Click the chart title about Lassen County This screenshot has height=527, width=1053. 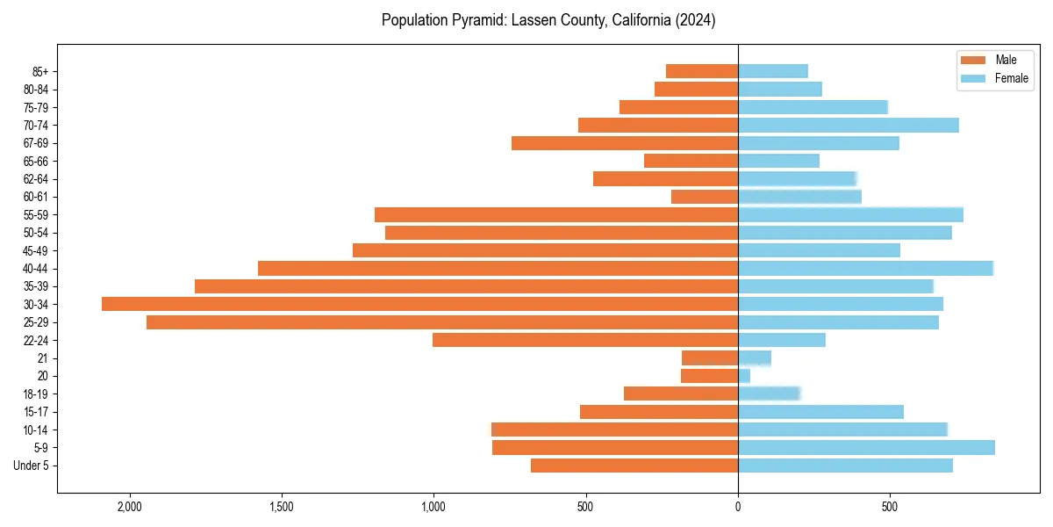pos(548,20)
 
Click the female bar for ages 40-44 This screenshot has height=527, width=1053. pos(865,268)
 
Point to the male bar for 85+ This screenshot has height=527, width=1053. pos(702,71)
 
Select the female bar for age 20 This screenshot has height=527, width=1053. pos(744,376)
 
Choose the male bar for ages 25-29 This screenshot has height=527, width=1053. pos(442,322)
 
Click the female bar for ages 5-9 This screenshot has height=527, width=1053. pos(866,447)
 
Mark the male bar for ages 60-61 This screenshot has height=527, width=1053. pos(705,197)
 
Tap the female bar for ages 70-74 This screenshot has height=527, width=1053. pos(848,125)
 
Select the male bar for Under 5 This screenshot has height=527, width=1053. pos(634,466)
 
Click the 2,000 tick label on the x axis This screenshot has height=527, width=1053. pos(130,507)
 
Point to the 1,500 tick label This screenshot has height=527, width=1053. pos(282,507)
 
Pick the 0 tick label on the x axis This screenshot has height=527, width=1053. pos(738,507)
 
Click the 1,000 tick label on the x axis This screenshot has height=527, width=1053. pos(433,507)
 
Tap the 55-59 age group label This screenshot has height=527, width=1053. pos(35,214)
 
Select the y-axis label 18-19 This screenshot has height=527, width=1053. pos(35,393)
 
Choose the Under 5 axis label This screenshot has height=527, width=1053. pos(31,466)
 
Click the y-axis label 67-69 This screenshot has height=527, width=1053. pos(35,143)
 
